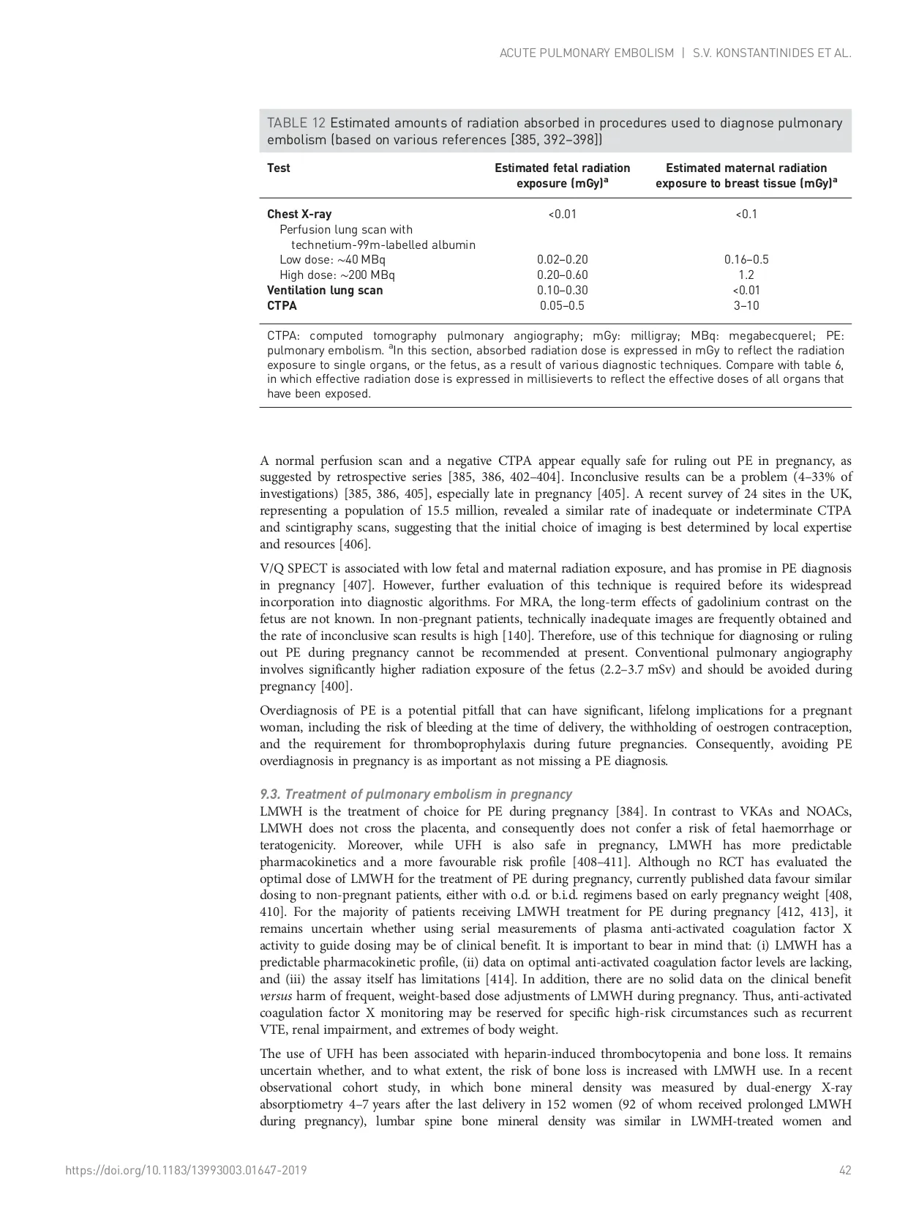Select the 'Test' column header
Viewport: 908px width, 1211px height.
(x=278, y=168)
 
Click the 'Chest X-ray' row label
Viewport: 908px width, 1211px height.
(x=299, y=214)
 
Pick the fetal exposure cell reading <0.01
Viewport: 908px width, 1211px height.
(x=562, y=214)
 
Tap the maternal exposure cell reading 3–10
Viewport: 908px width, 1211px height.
(x=746, y=305)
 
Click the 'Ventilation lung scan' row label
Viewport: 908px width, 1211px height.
(x=324, y=290)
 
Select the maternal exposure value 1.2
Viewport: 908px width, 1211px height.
(x=746, y=275)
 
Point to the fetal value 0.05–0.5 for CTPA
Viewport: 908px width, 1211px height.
(x=562, y=305)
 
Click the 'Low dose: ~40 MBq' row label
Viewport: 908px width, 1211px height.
(x=332, y=259)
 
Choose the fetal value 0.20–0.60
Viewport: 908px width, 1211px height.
(x=562, y=275)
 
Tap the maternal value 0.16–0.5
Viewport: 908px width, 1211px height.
(x=746, y=259)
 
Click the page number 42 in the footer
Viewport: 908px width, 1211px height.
(x=845, y=1170)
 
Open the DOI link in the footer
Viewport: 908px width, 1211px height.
(x=186, y=1170)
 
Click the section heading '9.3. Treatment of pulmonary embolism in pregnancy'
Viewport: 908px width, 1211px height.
(x=416, y=794)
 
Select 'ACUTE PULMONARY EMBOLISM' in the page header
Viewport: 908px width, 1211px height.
(x=586, y=53)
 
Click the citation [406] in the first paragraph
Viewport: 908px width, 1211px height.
(x=355, y=544)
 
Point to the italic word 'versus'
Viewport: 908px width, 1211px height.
(x=276, y=996)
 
